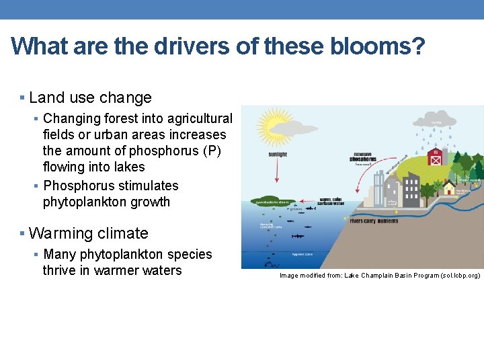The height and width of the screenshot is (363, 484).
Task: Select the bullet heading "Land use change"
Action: click(91, 98)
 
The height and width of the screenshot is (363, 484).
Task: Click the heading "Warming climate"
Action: click(89, 234)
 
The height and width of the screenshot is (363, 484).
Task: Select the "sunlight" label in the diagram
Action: click(277, 155)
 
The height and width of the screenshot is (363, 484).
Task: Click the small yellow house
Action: click(448, 187)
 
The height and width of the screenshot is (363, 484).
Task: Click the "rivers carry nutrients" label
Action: click(374, 220)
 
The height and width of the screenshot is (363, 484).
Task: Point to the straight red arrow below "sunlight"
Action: click(277, 171)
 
